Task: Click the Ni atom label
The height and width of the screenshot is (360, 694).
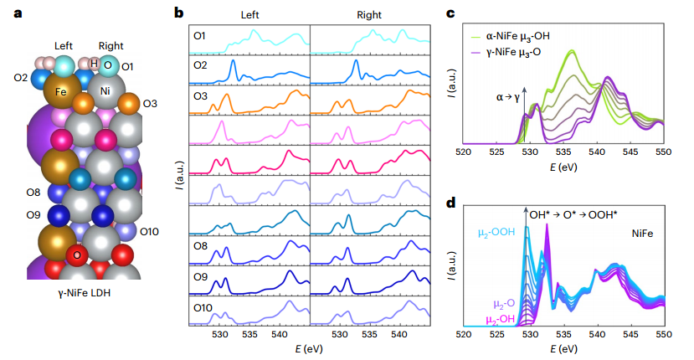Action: (x=105, y=88)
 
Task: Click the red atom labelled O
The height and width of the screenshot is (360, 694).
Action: (x=77, y=255)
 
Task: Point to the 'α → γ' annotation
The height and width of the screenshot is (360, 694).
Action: (x=508, y=98)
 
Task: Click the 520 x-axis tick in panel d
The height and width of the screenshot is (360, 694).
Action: (x=464, y=335)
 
